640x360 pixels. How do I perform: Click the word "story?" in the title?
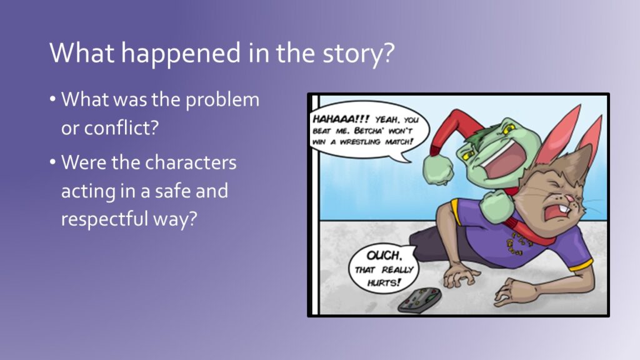[359, 54]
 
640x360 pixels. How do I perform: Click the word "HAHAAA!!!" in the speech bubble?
[341, 119]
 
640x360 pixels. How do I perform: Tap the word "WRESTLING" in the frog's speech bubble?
[359, 142]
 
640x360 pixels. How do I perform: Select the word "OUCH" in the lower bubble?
[384, 256]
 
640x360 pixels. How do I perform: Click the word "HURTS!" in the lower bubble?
[384, 282]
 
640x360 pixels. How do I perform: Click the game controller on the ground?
[419, 301]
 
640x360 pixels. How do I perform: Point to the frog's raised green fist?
[439, 169]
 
